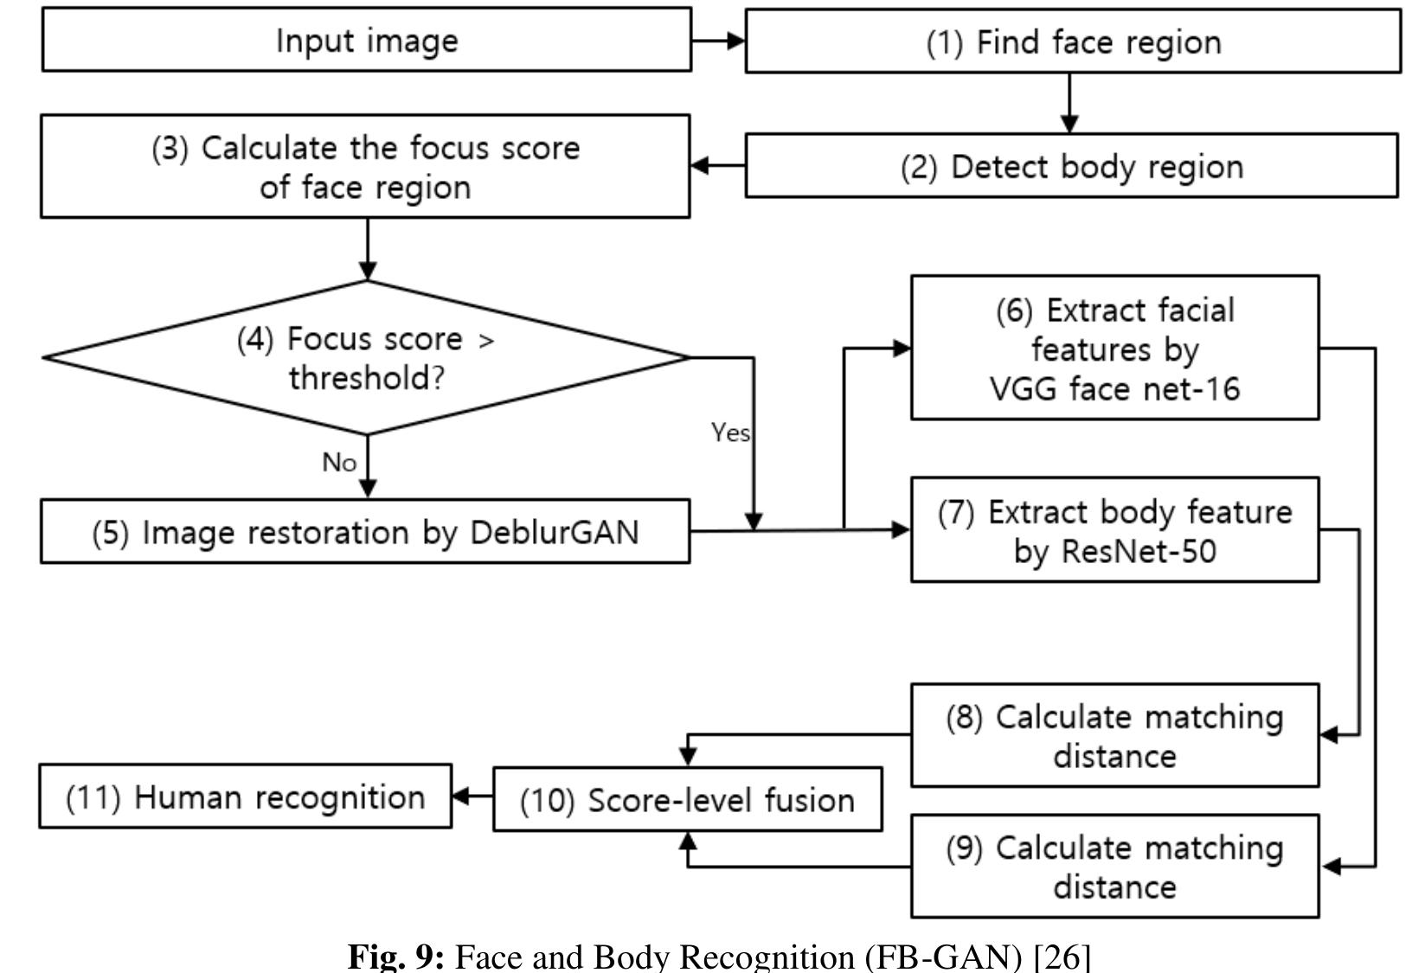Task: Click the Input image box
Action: pyautogui.click(x=366, y=41)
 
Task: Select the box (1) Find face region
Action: pyautogui.click(x=1073, y=42)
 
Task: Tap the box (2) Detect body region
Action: pyautogui.click(x=1071, y=166)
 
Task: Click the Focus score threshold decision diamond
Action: pyautogui.click(x=366, y=357)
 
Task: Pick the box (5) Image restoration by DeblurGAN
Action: pyautogui.click(x=365, y=532)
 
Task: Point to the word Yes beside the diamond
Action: pyautogui.click(x=730, y=432)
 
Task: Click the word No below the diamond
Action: pyautogui.click(x=339, y=463)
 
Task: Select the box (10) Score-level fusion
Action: pyautogui.click(x=687, y=800)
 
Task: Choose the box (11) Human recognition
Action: pyautogui.click(x=245, y=797)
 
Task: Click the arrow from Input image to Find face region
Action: pyautogui.click(x=718, y=41)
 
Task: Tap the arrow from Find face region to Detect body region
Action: pyautogui.click(x=1069, y=103)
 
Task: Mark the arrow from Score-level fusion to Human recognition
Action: pyautogui.click(x=472, y=796)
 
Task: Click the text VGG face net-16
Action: pyautogui.click(x=1114, y=389)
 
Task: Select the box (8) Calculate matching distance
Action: pyautogui.click(x=1114, y=736)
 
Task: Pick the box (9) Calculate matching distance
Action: pyautogui.click(x=1114, y=867)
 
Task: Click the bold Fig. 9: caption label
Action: pyautogui.click(x=395, y=957)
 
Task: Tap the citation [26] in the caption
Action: pyautogui.click(x=1062, y=957)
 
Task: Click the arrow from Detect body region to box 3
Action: pyautogui.click(x=718, y=165)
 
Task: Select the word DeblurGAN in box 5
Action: pyautogui.click(x=554, y=532)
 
